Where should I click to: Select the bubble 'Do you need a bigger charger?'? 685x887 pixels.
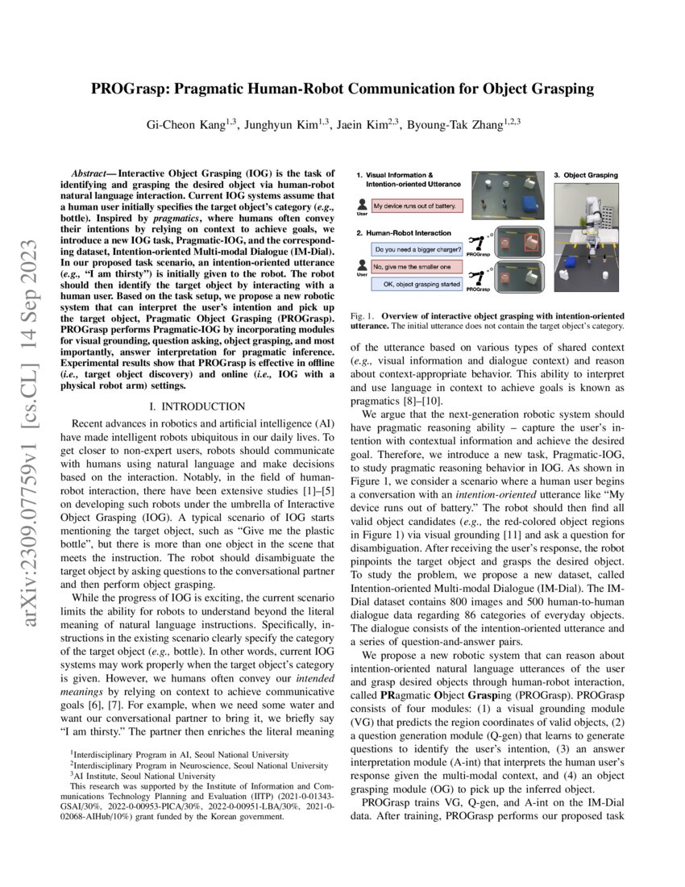(x=418, y=249)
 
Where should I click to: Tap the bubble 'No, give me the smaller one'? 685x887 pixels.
(x=418, y=266)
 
